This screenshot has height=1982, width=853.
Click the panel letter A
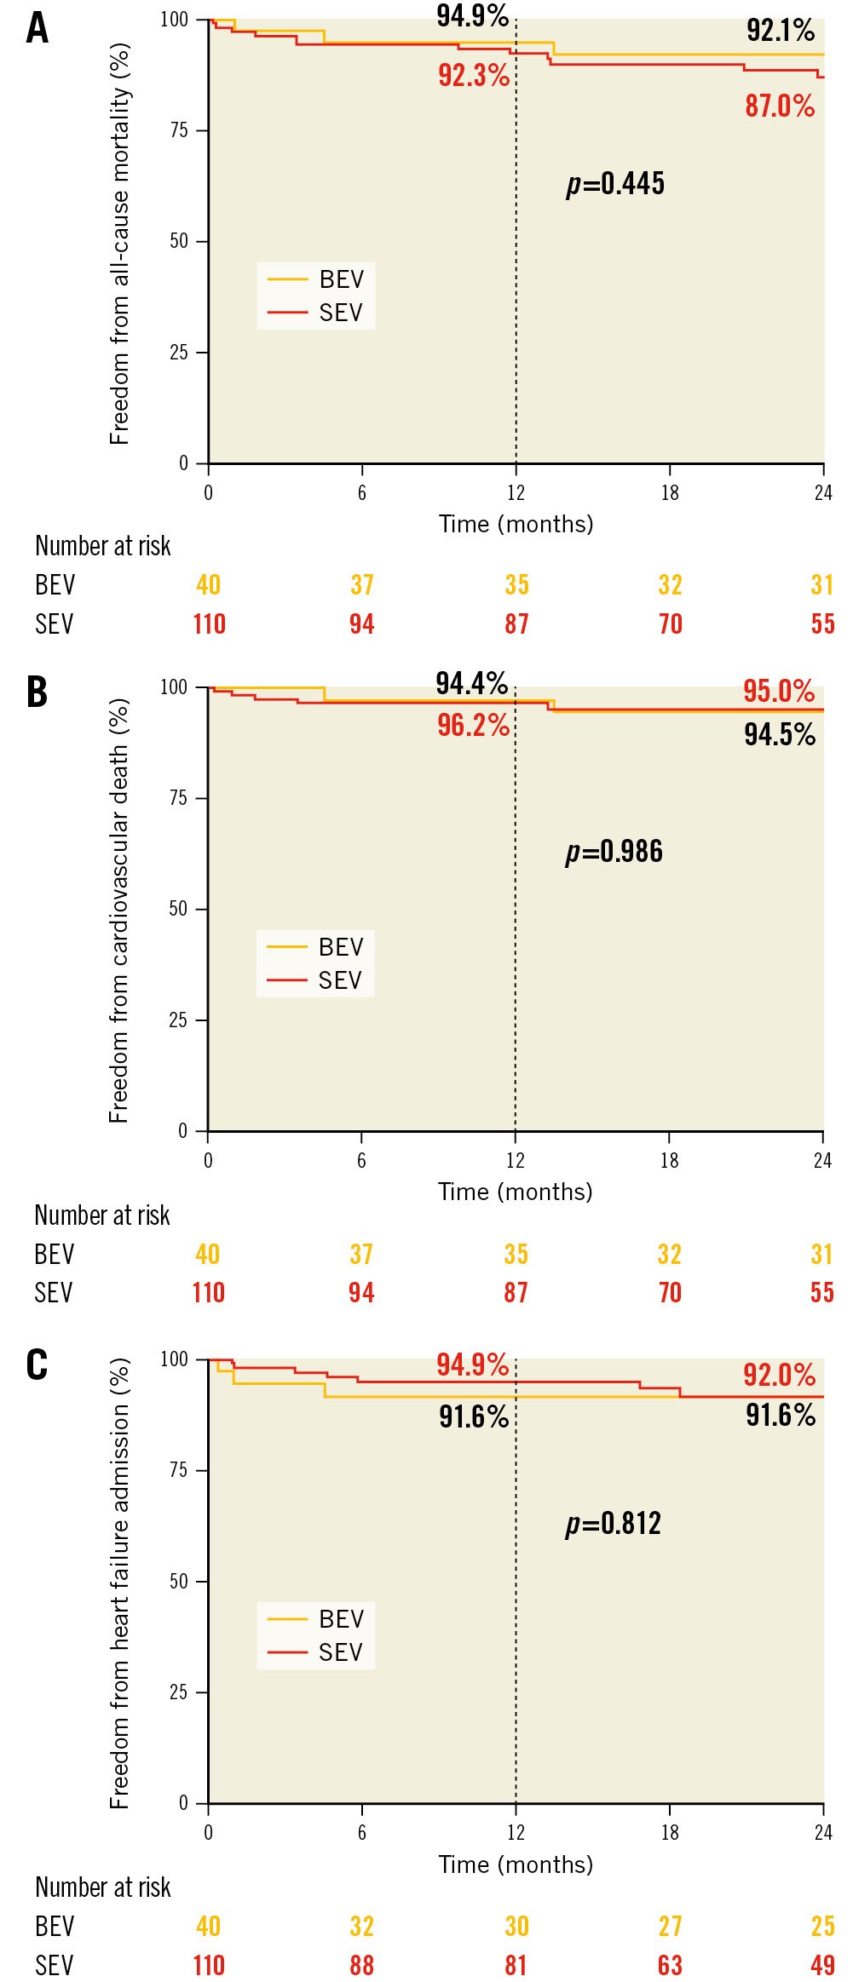(37, 28)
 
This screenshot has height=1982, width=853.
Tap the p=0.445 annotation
(615, 183)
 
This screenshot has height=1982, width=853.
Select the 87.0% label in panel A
(780, 106)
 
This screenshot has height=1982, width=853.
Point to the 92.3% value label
(474, 75)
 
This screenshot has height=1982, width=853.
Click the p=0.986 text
(614, 851)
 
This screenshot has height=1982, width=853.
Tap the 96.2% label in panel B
(473, 725)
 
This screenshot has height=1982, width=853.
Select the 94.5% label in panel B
(780, 734)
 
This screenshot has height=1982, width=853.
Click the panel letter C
(37, 1364)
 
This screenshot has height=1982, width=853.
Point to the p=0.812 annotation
(614, 1523)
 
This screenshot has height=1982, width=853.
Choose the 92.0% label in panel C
(780, 1374)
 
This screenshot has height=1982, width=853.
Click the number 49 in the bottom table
(822, 1965)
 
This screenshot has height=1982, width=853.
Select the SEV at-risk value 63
(670, 1965)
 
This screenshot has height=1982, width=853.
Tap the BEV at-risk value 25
(822, 1926)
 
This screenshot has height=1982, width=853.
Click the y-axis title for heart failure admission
(119, 1583)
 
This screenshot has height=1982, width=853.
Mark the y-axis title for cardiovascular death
(118, 910)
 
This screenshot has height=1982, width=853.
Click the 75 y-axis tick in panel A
(179, 130)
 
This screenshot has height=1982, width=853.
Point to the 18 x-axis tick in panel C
(670, 1832)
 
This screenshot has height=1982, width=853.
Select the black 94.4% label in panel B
(472, 683)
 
